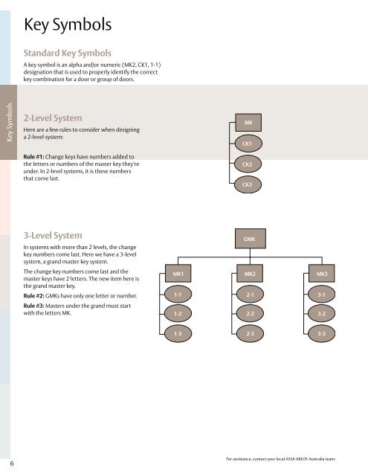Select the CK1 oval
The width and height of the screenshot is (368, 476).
pos(248,143)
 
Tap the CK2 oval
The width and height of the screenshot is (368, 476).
pos(248,163)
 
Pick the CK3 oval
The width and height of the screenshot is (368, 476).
pos(248,183)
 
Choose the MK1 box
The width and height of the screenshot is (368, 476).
pos(178,274)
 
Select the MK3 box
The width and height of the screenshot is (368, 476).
pos(322,274)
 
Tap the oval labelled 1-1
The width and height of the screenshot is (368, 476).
pos(178,295)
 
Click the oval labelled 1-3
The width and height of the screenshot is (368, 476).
pos(178,334)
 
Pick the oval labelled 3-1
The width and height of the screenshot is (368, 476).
pos(322,295)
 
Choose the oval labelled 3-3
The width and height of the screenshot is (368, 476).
pos(322,334)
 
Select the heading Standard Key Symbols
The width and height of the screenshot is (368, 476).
pos(68,54)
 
